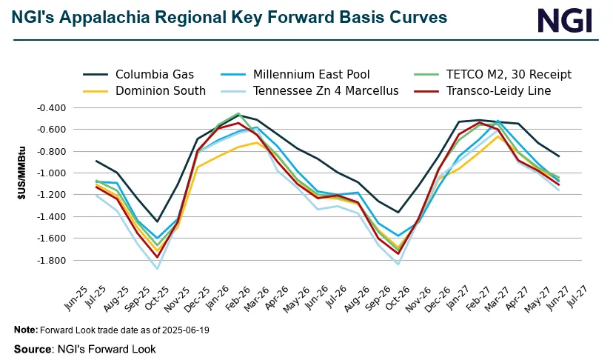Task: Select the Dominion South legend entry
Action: coord(160,91)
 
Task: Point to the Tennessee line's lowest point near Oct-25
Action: coord(157,268)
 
